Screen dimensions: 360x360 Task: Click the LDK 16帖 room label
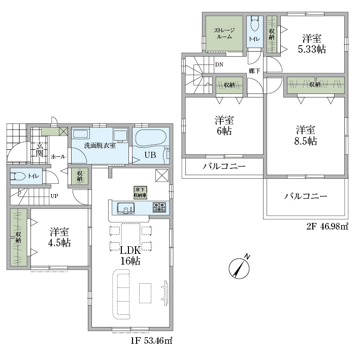130,256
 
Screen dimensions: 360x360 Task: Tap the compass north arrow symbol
239,267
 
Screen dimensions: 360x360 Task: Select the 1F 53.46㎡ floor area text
151,341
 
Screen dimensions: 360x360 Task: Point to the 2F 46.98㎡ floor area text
328,226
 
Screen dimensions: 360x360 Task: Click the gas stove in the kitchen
159,207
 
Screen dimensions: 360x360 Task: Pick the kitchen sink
125,208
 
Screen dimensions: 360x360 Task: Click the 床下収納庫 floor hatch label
140,192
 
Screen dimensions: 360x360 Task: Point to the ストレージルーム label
224,34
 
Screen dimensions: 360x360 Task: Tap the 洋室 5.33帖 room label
312,44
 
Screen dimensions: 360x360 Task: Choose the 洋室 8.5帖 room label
305,135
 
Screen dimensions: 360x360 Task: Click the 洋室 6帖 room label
224,125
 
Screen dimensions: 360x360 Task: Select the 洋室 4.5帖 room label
59,237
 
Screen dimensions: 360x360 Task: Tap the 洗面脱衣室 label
100,145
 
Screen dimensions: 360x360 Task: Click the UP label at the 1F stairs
54,196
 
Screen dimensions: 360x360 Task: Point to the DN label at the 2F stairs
219,64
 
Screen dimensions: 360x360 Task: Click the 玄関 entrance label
39,149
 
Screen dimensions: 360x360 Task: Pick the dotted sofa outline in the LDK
121,294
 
